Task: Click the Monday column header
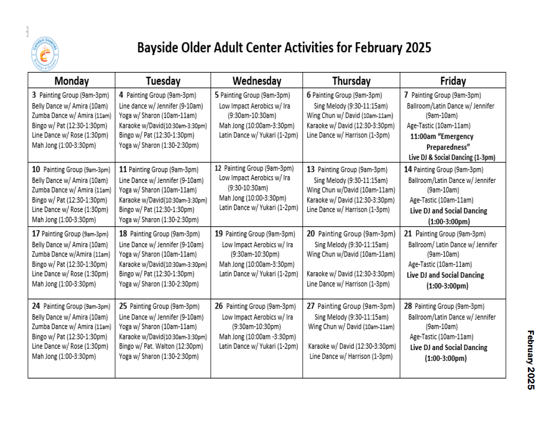(x=71, y=81)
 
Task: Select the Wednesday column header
(x=257, y=81)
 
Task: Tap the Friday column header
(x=453, y=81)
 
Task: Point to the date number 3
(x=34, y=95)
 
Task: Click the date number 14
(x=408, y=169)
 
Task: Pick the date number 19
(x=218, y=234)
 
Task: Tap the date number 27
(x=311, y=306)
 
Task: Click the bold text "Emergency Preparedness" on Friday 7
(x=441, y=142)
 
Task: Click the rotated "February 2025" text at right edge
(x=531, y=360)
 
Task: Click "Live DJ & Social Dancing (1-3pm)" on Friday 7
(x=451, y=158)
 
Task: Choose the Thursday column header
(x=351, y=81)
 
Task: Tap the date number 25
(x=123, y=306)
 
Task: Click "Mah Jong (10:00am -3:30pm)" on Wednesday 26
(x=258, y=337)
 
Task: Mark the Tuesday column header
(x=163, y=81)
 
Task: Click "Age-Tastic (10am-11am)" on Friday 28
(x=441, y=337)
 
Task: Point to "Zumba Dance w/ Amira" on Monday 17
(x=71, y=254)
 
